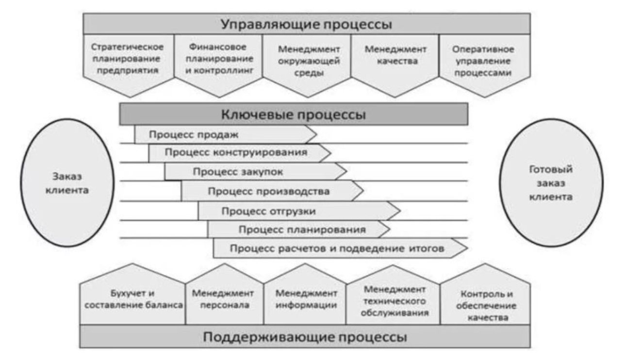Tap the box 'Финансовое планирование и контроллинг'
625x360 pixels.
tap(218, 61)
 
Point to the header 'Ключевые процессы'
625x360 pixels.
tap(293, 115)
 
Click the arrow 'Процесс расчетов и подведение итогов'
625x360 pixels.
tap(340, 248)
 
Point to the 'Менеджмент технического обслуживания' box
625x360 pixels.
tap(395, 301)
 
